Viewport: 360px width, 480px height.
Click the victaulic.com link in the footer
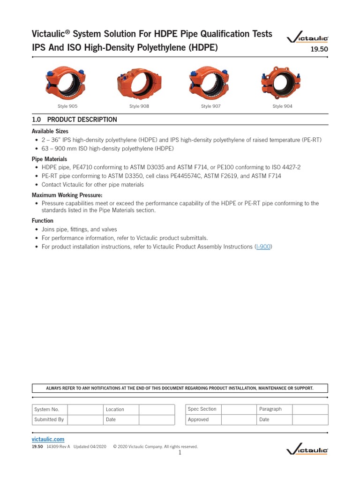pos(48,439)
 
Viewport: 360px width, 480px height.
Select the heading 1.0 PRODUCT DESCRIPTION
pos(75,120)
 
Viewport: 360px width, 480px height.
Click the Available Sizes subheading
pos(50,131)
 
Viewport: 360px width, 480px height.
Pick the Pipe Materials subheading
pos(49,159)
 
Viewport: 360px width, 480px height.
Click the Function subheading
pos(43,220)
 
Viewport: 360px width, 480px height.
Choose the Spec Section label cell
pos(202,409)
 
